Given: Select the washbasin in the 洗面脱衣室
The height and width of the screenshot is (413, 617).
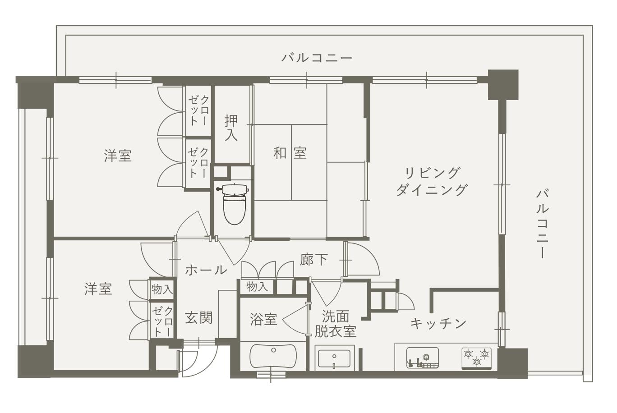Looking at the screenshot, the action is point(334,358).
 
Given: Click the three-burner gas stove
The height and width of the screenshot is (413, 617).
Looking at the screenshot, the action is point(477,358).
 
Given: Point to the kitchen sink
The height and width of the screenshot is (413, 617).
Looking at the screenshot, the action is point(423,358).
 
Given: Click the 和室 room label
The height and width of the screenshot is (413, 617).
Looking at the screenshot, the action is point(290,153).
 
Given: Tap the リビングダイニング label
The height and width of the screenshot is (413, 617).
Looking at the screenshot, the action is point(432,181).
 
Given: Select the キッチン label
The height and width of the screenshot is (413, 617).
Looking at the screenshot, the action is point(438,323).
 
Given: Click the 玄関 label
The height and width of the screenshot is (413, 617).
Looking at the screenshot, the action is point(198,318).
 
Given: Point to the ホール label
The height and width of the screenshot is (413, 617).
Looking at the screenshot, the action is point(206,270).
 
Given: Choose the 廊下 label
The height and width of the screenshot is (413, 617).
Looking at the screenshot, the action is point(314,259).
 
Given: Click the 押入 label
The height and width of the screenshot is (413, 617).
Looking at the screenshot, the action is point(231,128).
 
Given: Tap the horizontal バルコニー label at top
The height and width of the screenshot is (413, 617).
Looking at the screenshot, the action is point(317,58).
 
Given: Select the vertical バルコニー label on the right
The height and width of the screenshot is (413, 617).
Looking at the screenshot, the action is point(542,224).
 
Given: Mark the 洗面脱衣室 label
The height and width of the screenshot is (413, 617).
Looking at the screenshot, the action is point(336,324).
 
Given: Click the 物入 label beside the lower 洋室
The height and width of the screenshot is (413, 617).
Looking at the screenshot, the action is point(162,289).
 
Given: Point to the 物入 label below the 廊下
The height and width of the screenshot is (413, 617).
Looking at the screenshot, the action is point(257,287).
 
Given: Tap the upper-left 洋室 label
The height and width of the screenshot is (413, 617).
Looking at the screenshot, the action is point(118,156).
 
